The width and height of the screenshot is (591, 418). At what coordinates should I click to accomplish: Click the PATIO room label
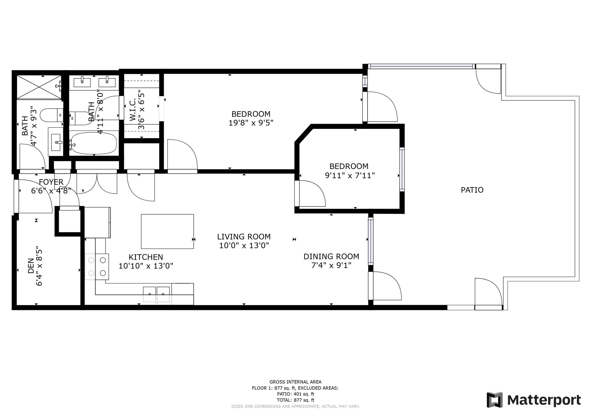point(472,190)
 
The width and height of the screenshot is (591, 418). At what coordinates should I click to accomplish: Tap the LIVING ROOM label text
point(244,237)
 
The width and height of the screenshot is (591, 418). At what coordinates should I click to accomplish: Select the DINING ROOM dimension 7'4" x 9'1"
point(331,265)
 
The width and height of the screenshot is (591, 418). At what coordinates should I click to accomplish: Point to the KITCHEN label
point(146,257)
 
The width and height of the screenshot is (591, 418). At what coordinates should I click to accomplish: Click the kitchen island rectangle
point(167,231)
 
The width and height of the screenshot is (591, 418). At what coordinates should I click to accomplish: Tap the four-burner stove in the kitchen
point(97,267)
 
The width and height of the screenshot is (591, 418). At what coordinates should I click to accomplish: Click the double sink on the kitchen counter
point(157,291)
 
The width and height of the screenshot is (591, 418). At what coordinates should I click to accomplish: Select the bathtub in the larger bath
point(93,143)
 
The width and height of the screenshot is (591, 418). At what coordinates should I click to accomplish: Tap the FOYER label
point(51,182)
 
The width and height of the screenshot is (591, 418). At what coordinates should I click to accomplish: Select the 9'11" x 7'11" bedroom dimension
point(349,176)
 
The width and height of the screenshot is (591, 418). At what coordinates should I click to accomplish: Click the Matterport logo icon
point(494,400)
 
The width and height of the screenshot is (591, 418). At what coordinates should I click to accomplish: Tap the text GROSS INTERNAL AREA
point(295,382)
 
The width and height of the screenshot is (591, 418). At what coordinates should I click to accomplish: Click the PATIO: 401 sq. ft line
point(295,394)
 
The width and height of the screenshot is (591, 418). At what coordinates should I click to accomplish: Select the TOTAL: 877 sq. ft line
point(295,400)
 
